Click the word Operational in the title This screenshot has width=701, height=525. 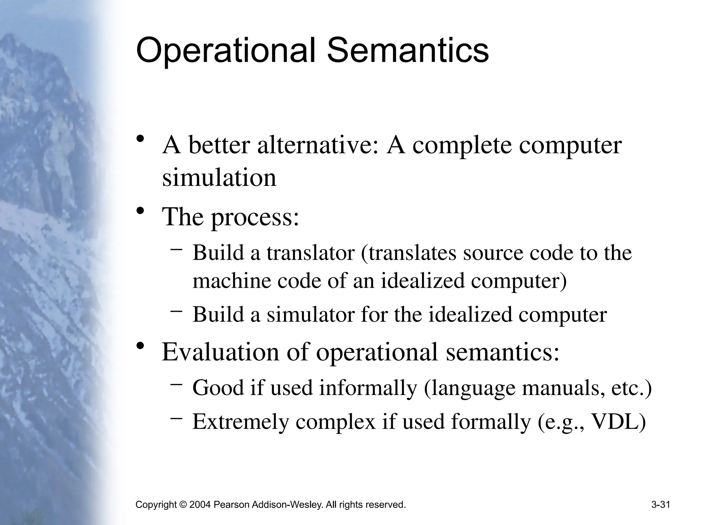pyautogui.click(x=226, y=51)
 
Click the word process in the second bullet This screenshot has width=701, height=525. pyautogui.click(x=255, y=217)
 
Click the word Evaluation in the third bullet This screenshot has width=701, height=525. pyautogui.click(x=220, y=352)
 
